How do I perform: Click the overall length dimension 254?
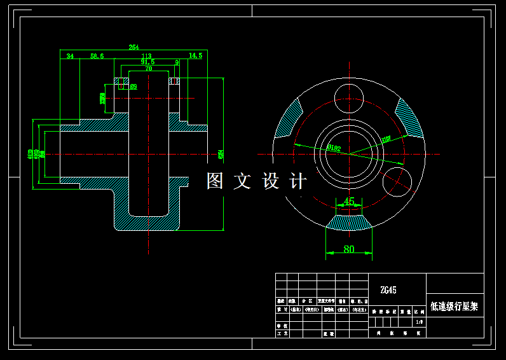pos(133,47)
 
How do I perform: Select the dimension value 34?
pos(70,56)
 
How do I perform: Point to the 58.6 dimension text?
pos(97,56)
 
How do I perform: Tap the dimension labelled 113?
pos(146,56)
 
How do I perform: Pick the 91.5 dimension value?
pos(147,62)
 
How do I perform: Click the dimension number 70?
pos(149,68)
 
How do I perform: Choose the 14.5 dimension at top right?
pos(195,56)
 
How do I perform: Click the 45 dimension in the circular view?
pos(349,201)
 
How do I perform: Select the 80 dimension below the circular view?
pos(349,249)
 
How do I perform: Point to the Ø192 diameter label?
pos(334,148)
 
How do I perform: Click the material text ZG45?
pos(388,290)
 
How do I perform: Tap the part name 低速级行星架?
pos(454,307)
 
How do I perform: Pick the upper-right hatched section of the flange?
pos(409,118)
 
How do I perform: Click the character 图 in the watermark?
pos(215,181)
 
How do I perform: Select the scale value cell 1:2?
pos(419,322)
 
